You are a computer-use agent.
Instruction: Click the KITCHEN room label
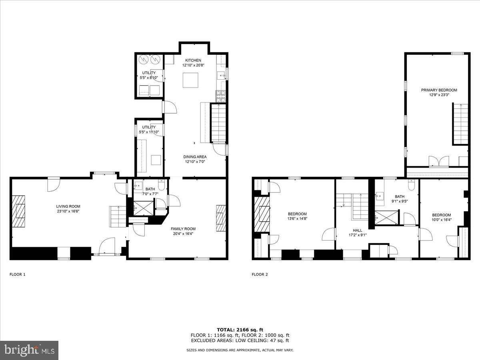193,60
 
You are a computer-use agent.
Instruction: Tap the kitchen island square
191,80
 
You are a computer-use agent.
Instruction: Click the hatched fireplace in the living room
19,211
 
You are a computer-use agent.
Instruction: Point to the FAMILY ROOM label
183,229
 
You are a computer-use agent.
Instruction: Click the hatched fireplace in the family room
221,218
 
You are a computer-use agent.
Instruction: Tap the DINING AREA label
195,157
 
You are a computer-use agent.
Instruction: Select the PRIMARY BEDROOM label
439,90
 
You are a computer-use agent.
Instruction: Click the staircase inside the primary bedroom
460,124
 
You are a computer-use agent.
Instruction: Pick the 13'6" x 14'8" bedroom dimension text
297,219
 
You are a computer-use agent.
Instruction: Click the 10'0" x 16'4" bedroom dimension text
441,220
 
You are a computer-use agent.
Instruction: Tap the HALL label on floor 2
357,230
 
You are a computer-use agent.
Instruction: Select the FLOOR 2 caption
260,274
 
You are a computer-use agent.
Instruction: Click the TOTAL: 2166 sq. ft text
240,330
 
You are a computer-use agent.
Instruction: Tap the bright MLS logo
29,350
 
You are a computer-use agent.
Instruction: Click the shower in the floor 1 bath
143,208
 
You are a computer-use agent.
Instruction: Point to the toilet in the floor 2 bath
412,185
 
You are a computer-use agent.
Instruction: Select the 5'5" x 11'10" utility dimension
149,132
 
